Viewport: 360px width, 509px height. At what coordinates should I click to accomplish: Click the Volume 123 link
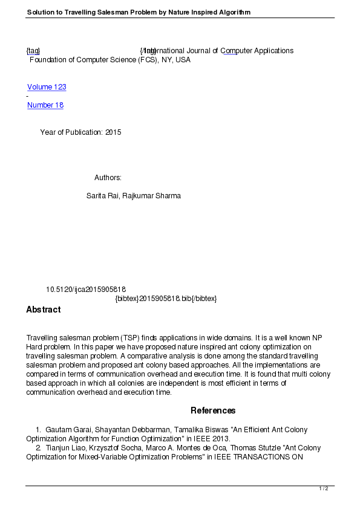(47, 87)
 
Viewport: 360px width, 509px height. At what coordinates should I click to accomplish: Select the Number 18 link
(45, 105)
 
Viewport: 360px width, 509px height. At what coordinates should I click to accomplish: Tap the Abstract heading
(43, 310)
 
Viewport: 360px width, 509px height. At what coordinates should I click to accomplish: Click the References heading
(213, 410)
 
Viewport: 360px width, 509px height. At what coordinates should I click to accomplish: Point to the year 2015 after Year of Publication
(113, 132)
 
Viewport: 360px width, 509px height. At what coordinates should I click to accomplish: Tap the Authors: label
(108, 178)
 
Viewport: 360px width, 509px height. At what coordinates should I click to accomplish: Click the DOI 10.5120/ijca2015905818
(86, 290)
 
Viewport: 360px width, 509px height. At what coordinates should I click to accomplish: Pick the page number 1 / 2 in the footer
(324, 488)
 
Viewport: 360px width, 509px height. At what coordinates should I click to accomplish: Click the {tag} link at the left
(33, 51)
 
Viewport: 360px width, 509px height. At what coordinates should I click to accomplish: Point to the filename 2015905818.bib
(165, 299)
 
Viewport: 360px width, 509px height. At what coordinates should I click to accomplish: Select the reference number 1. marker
(38, 430)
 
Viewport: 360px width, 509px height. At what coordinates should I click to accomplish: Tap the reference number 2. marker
(38, 448)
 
